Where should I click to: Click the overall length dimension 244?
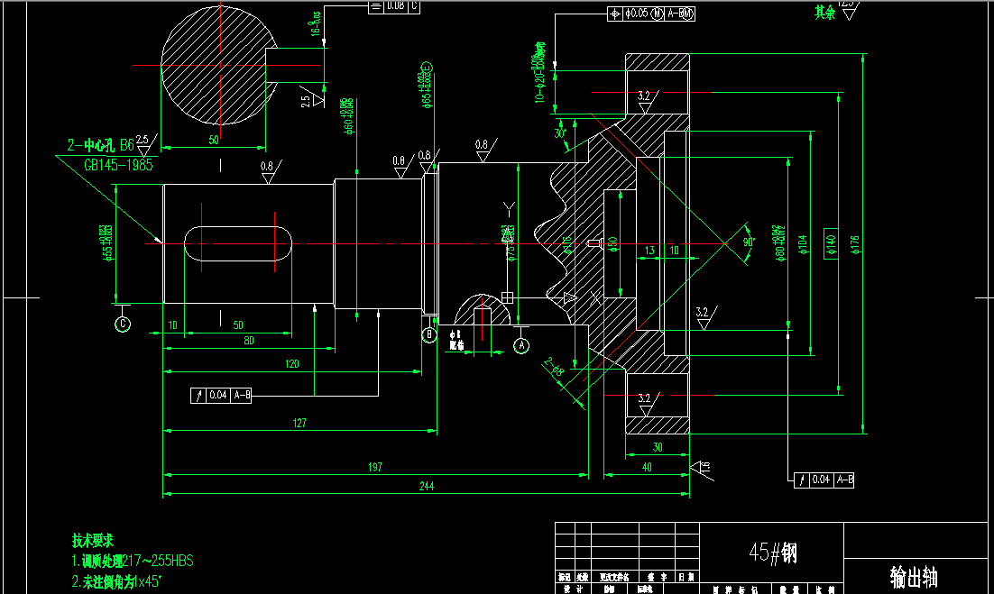click(427, 487)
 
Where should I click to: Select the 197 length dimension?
click(375, 467)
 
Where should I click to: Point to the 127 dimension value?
click(299, 423)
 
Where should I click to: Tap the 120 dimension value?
click(291, 363)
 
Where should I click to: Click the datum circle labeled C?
click(123, 324)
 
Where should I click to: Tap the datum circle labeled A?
click(521, 344)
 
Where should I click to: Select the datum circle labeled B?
click(429, 335)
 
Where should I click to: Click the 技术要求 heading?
click(93, 541)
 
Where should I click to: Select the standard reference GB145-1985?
click(118, 165)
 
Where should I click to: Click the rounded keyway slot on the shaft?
click(239, 244)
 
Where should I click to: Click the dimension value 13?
click(649, 251)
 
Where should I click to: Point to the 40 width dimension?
click(647, 467)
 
